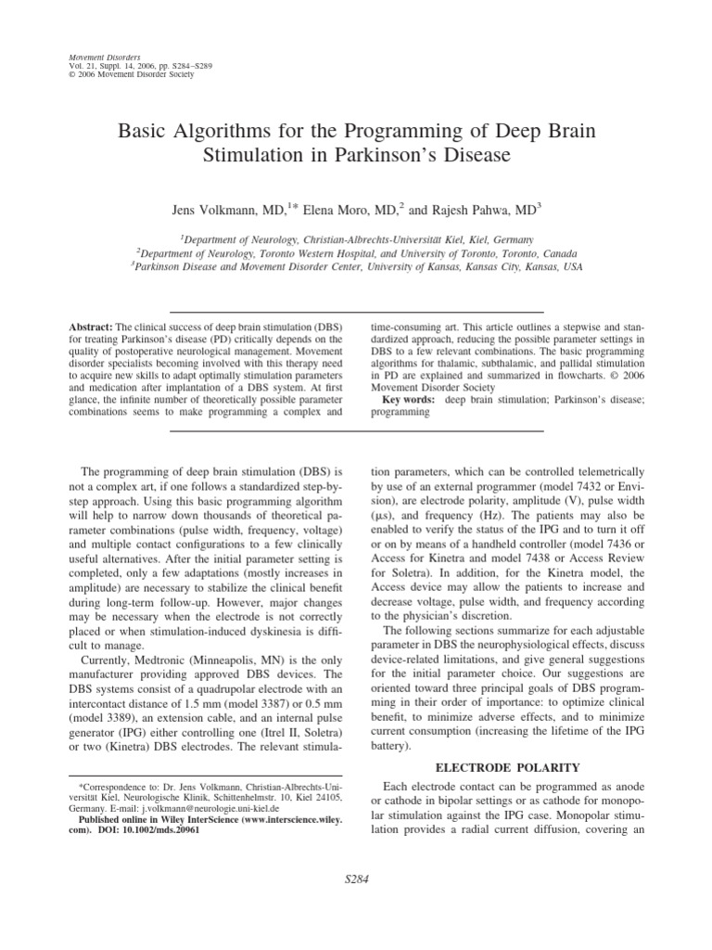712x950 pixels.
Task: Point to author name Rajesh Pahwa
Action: click(x=480, y=211)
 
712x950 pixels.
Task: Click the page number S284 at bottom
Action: click(x=356, y=880)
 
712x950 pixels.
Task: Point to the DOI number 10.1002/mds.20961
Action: click(x=162, y=831)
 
